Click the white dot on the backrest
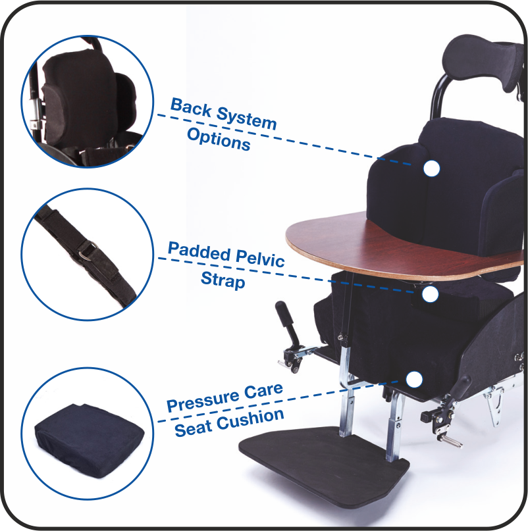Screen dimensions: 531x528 click(x=431, y=168)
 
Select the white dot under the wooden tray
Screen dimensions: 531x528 click(x=430, y=295)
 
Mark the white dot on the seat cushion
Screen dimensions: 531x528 click(x=414, y=379)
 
